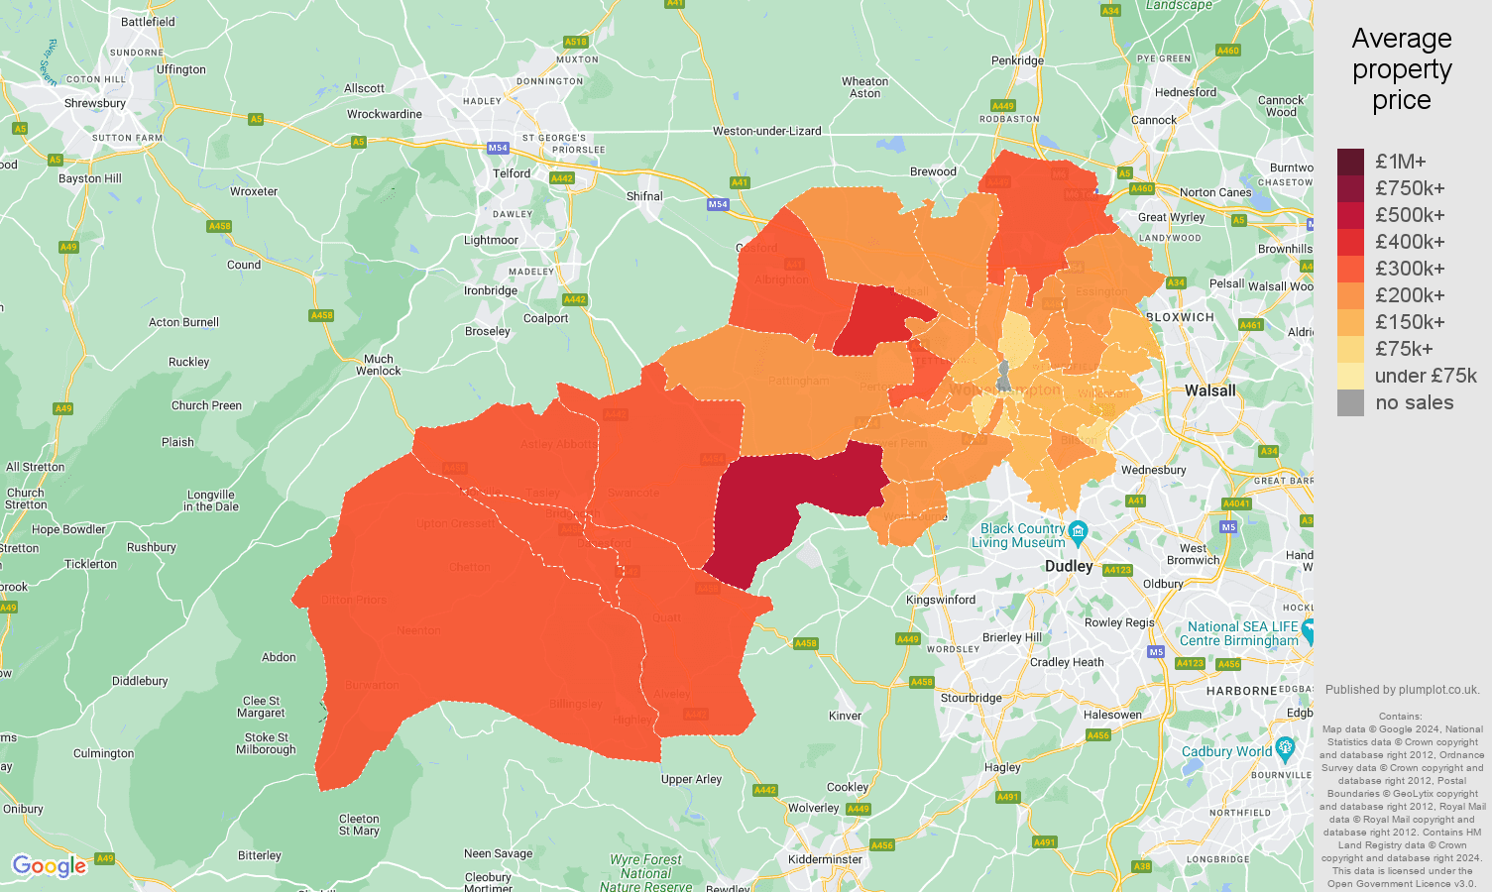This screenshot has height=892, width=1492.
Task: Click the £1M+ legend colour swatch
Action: tap(1350, 162)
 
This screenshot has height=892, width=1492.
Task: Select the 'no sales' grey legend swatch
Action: tap(1350, 402)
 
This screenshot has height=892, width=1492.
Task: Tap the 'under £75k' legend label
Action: tap(1425, 376)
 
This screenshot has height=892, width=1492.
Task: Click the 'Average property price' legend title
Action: tap(1401, 69)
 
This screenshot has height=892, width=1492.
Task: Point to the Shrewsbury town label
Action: tap(95, 103)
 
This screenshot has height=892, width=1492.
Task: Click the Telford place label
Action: tap(512, 173)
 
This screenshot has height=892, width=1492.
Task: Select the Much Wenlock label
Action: tap(379, 365)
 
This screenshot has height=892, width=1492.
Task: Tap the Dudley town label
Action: tap(1069, 566)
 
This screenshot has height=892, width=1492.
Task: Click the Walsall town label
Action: tap(1209, 390)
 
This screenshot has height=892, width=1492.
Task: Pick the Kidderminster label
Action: tap(825, 859)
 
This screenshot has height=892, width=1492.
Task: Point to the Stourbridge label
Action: tap(971, 698)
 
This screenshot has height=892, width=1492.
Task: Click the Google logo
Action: tap(50, 866)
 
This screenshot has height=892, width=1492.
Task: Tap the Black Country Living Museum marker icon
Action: tap(1079, 530)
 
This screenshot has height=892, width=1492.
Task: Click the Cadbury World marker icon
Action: tap(1286, 747)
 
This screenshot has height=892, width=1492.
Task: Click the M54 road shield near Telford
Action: tap(498, 148)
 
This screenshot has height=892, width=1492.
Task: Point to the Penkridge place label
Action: tap(1017, 60)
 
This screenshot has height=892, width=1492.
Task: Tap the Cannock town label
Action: tap(1154, 120)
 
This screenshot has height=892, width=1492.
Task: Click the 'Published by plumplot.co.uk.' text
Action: tap(1402, 690)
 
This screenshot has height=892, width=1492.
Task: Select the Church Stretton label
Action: tap(26, 499)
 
